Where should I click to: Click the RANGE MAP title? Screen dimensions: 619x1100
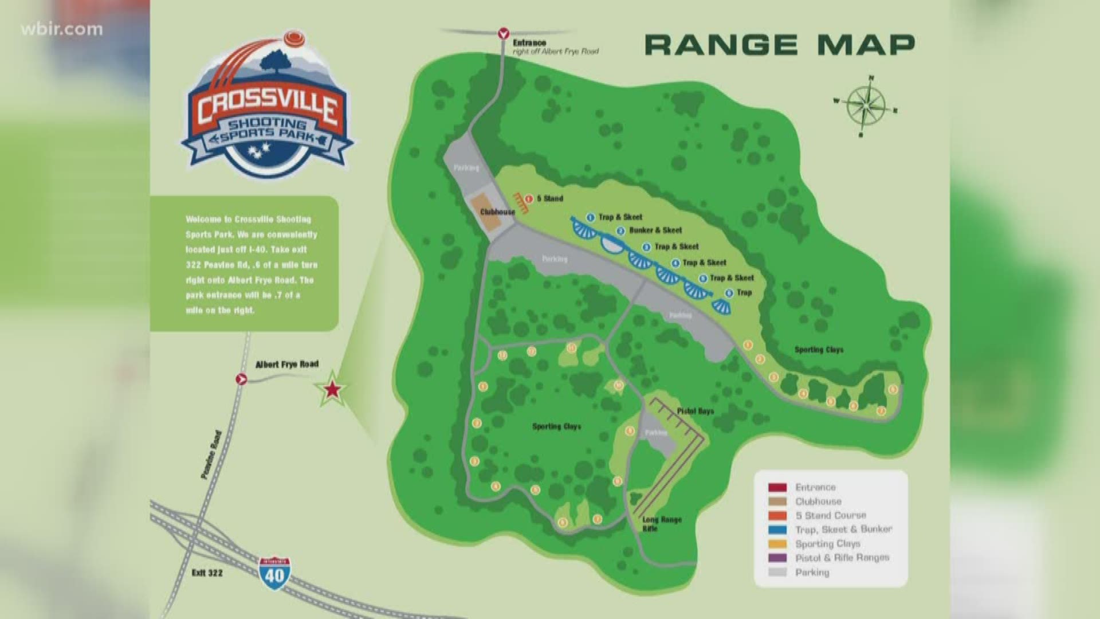point(780,45)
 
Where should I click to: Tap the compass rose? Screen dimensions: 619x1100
point(865,107)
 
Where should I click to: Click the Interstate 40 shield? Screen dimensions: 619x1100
point(274,570)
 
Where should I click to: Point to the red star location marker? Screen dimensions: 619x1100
point(332,390)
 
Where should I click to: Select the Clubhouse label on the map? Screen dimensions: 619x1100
point(497,212)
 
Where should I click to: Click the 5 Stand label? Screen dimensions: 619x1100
point(550,198)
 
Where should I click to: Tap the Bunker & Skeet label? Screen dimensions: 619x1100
point(655,230)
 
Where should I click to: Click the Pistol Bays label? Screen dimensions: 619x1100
point(695,411)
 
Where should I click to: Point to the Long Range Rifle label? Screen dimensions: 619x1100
point(661,524)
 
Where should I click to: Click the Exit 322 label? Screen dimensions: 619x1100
point(207,573)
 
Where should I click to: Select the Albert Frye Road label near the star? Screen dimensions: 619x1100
point(286,364)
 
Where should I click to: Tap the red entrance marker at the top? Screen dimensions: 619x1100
point(504,33)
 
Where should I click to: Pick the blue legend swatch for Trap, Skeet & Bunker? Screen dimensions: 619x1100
point(777,530)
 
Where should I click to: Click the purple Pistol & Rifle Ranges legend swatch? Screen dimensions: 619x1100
point(777,558)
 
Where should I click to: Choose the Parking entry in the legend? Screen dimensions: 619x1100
point(812,572)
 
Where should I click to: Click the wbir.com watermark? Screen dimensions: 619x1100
point(62,29)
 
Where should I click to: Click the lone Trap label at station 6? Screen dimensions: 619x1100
point(744,292)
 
